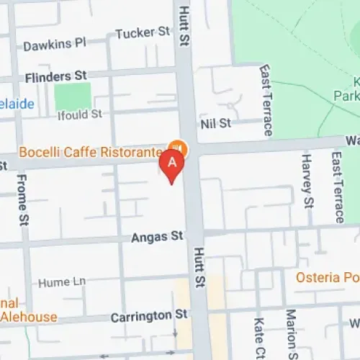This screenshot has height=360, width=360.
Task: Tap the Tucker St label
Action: [142, 32]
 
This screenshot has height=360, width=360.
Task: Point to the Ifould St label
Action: [80, 114]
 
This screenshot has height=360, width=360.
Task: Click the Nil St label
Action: [216, 123]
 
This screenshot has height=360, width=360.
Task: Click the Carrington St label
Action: [149, 315]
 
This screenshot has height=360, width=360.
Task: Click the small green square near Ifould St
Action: [73, 96]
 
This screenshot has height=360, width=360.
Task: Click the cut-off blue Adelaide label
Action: [16, 104]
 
